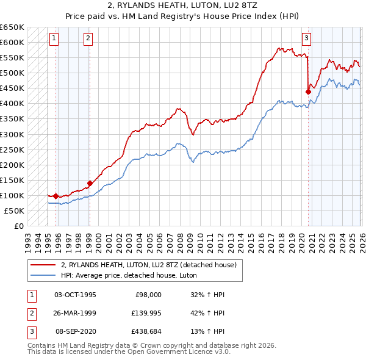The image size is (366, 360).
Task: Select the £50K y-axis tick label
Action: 15,211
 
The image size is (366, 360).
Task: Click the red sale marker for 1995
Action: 56,196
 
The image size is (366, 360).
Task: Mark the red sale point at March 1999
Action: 90,182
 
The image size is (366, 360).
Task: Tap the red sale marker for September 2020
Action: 308,92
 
